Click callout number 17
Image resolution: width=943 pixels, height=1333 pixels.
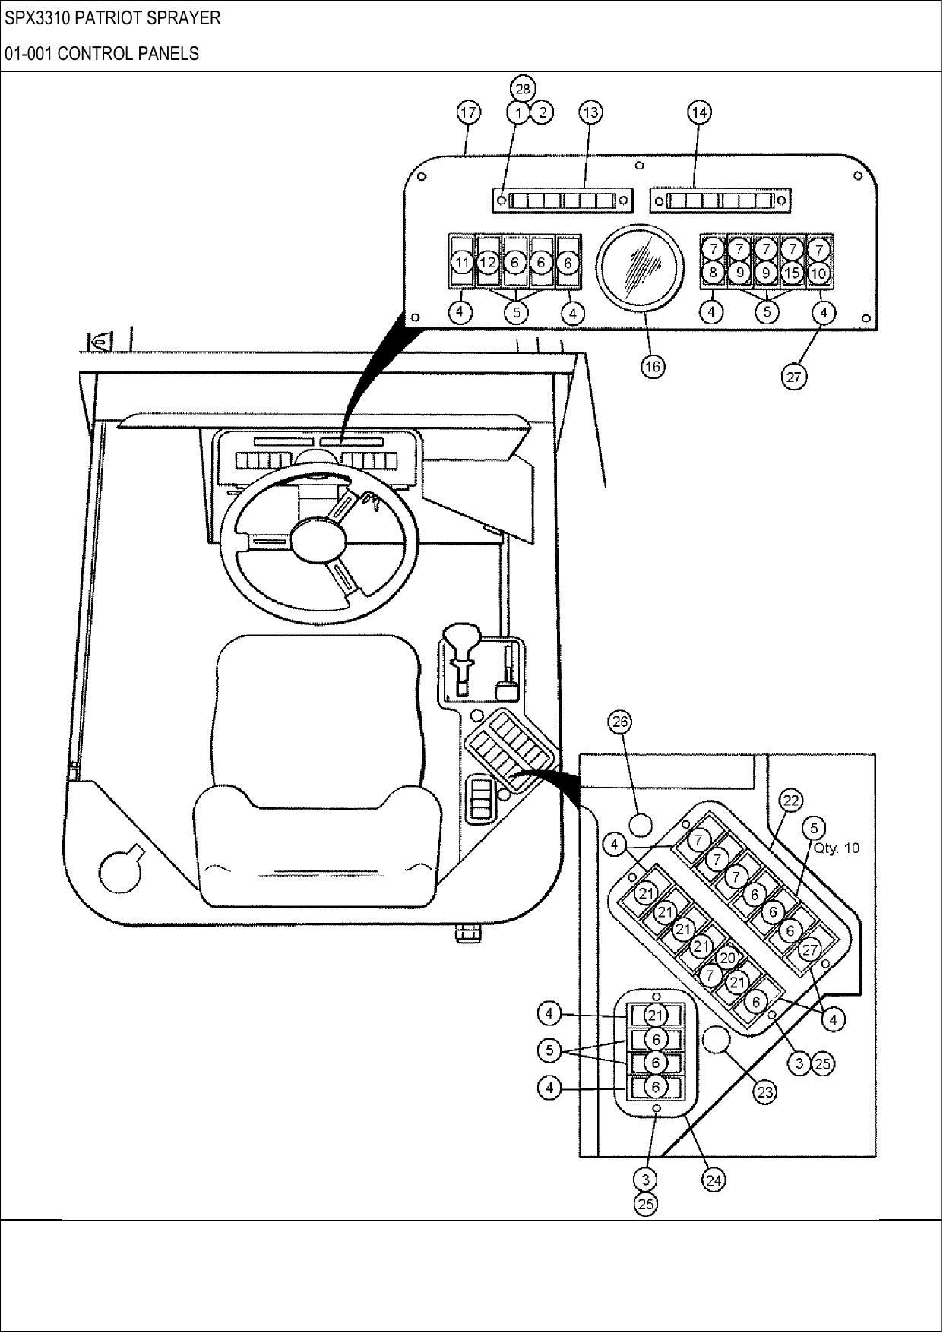468,112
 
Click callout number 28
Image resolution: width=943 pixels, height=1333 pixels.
522,88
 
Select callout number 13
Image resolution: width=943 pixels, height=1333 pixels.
590,112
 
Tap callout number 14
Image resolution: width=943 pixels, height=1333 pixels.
699,112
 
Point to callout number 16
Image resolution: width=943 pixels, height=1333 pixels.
652,366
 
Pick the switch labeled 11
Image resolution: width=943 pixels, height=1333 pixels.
462,263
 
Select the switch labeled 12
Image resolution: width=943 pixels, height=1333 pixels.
489,263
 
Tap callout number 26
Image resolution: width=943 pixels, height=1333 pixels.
620,722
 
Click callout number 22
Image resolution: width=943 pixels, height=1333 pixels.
791,801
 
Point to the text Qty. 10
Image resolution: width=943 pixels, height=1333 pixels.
837,848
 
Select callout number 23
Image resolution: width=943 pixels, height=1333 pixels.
764,1092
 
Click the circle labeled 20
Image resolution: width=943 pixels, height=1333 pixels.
727,959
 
